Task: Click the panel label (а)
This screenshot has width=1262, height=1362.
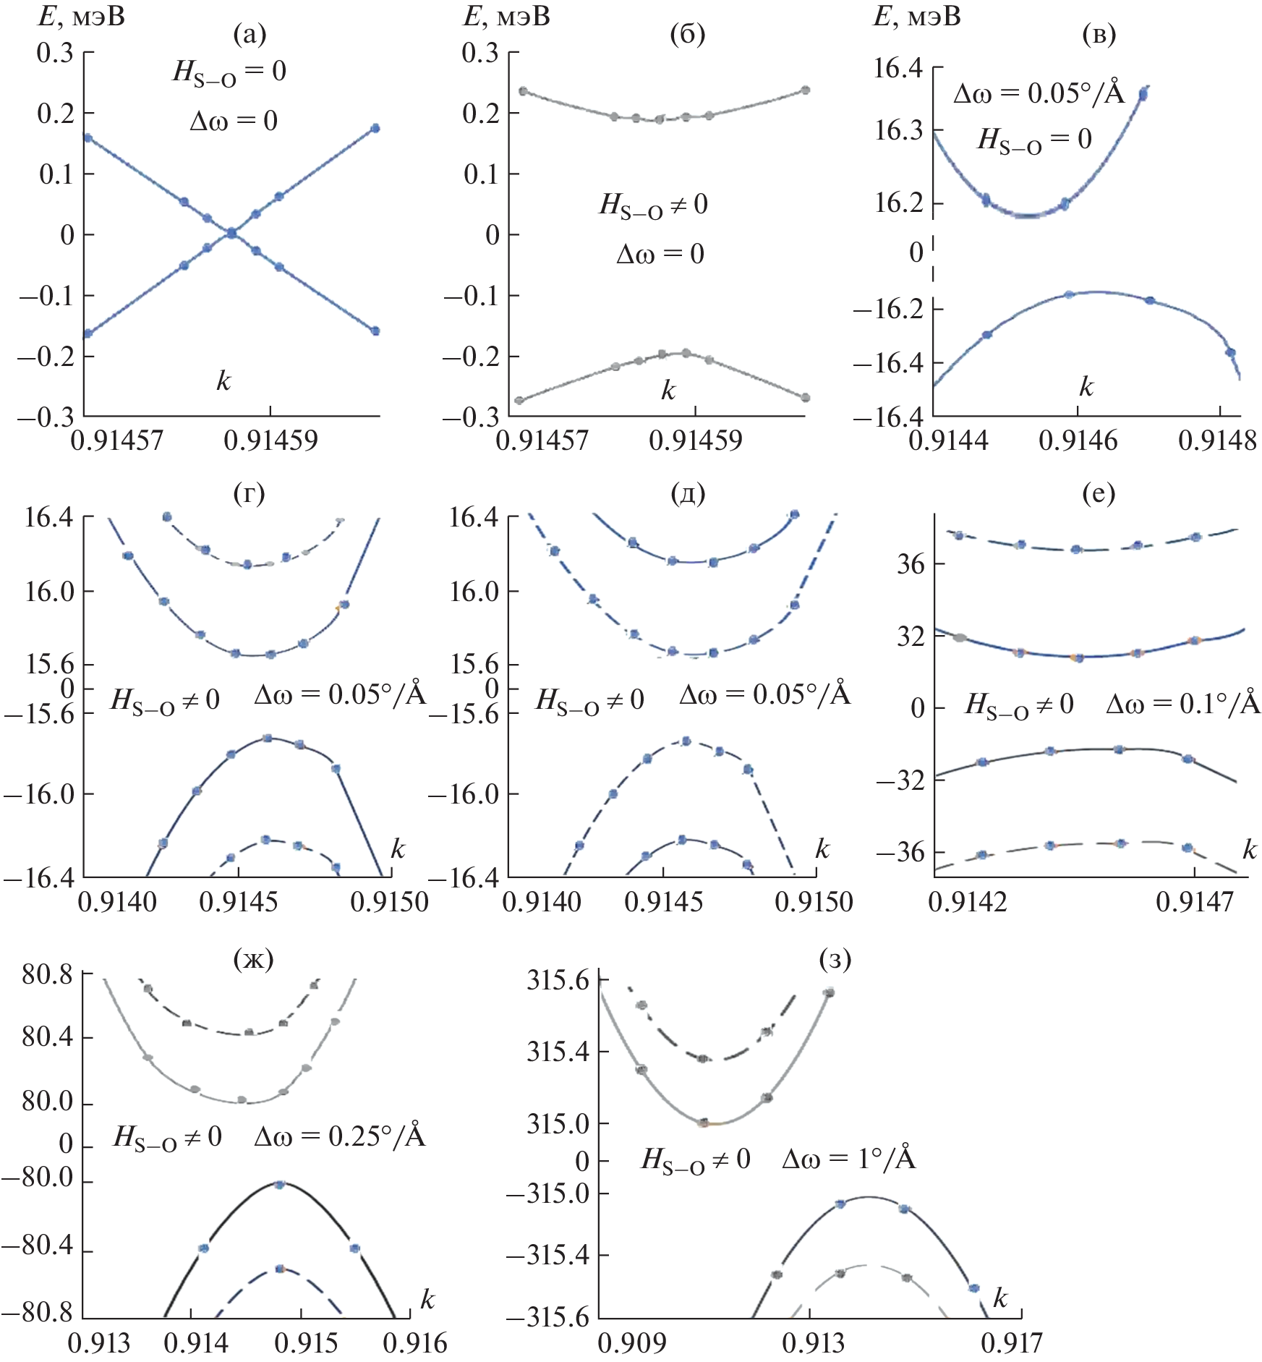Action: [x=250, y=34]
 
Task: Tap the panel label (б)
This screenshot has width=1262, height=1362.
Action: [x=688, y=34]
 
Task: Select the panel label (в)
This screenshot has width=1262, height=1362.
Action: [x=1099, y=34]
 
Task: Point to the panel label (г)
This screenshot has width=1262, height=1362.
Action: [x=249, y=493]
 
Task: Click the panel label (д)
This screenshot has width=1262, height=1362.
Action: [x=688, y=493]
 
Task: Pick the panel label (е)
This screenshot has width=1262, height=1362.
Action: [x=1098, y=493]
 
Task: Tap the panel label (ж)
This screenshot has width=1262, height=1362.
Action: [x=254, y=959]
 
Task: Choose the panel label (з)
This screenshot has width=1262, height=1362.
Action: [x=835, y=959]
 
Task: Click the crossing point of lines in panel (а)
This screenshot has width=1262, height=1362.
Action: [x=231, y=233]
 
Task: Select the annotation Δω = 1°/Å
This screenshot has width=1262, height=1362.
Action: [x=849, y=1159]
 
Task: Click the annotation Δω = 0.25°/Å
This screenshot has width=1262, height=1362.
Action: [x=340, y=1136]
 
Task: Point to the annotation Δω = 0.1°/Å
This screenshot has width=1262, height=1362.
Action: [x=1183, y=704]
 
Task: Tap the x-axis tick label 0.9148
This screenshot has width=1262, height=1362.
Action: [x=1218, y=440]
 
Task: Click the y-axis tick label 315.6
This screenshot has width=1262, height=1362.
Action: [x=558, y=981]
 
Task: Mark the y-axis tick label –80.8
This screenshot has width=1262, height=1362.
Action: [x=38, y=1312]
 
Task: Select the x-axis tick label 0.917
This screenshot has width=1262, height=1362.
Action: [x=1012, y=1343]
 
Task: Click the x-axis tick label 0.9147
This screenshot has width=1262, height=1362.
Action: [x=1195, y=902]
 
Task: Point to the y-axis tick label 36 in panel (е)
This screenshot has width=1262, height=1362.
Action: [x=911, y=563]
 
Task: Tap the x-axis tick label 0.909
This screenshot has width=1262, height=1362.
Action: [x=631, y=1343]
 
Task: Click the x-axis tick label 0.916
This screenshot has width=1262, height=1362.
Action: [x=415, y=1343]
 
